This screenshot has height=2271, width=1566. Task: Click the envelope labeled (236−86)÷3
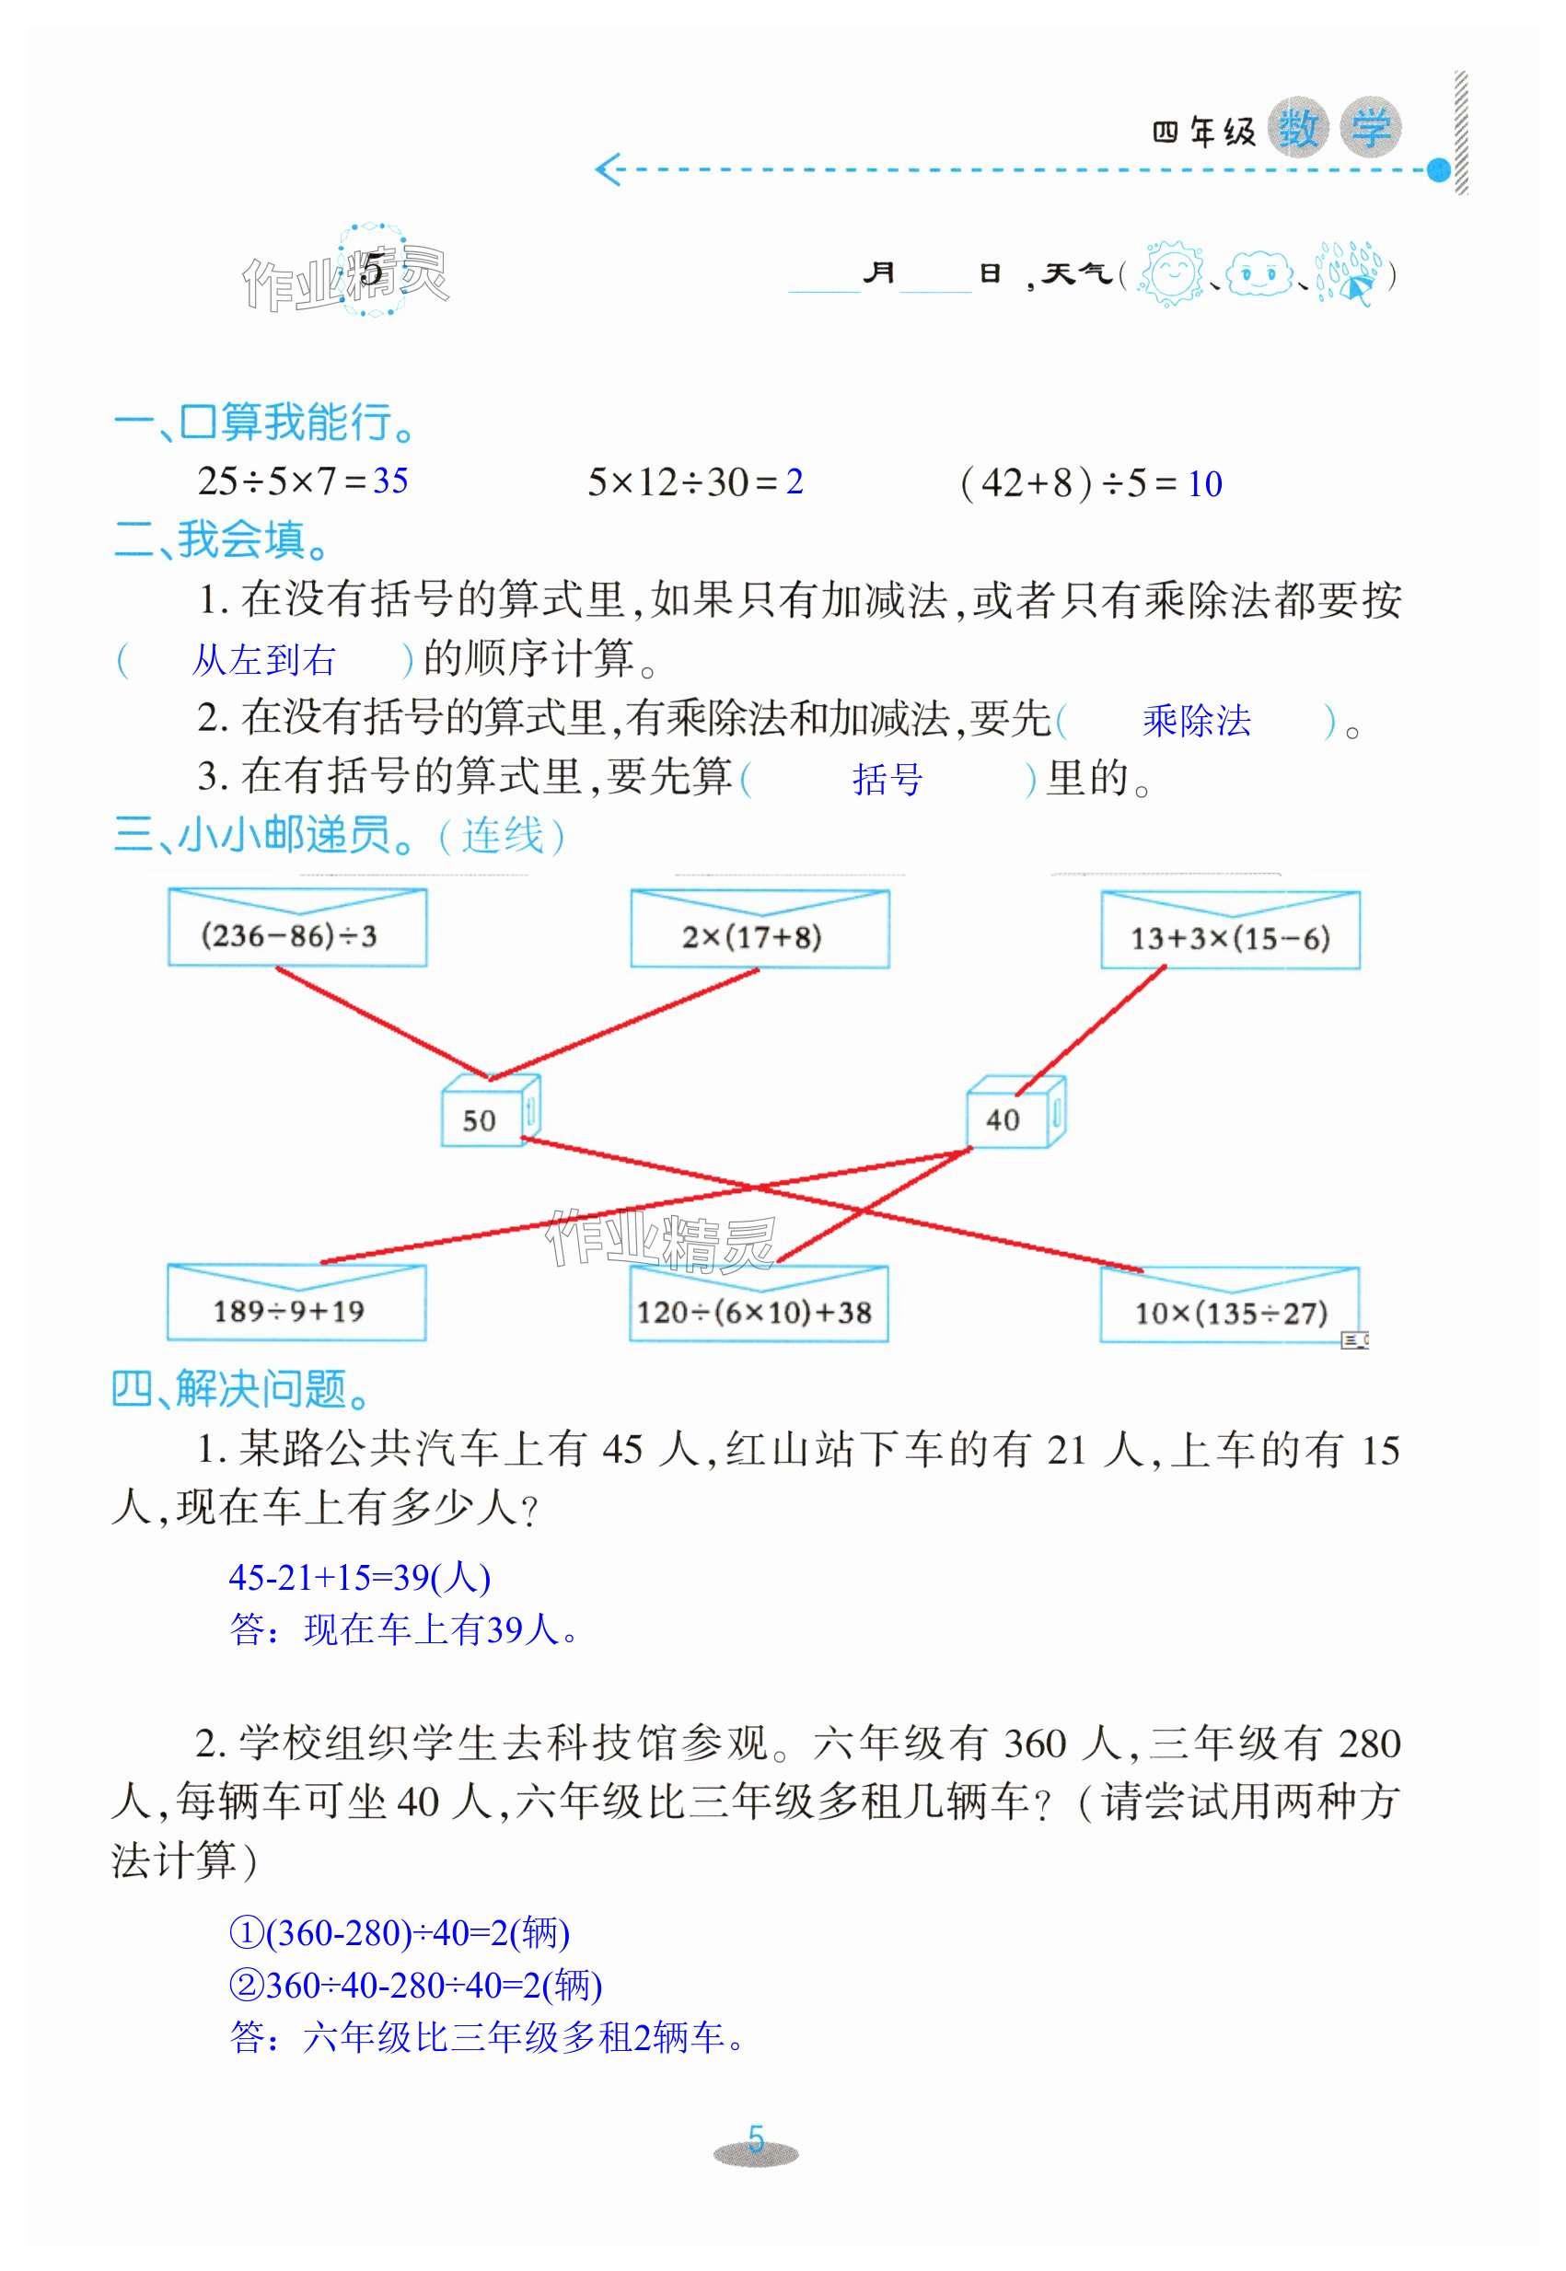(296, 928)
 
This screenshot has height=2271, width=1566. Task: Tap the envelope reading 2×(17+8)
(759, 930)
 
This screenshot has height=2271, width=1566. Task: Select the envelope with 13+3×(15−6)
(1229, 931)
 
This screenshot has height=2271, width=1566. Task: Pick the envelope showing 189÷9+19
(296, 1303)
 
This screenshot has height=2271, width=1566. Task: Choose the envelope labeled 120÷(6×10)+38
(758, 1304)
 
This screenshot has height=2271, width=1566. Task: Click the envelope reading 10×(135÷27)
(1228, 1305)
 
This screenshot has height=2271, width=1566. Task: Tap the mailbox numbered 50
(488, 1112)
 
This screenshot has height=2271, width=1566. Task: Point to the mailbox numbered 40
(1014, 1112)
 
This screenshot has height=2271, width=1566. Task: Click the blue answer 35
(390, 481)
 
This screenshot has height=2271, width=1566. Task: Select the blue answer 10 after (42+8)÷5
(1204, 483)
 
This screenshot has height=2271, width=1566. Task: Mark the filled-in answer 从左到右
(263, 659)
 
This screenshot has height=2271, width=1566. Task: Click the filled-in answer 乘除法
(1195, 721)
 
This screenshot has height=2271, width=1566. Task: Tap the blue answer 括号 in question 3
(887, 780)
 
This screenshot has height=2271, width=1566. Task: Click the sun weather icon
(1169, 273)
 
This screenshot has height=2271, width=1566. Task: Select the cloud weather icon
(1259, 273)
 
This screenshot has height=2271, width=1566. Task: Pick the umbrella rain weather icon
(1349, 273)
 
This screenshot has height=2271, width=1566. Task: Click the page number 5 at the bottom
(755, 2138)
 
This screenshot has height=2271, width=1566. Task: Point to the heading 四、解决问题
(240, 1390)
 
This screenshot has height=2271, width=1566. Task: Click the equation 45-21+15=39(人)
(359, 1578)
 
